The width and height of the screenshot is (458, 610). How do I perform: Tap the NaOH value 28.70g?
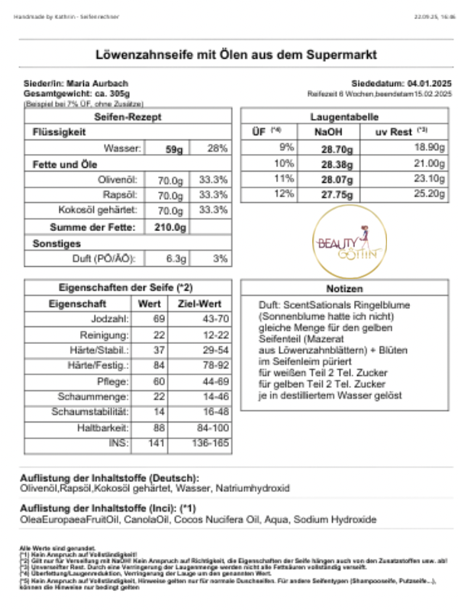tap(334, 146)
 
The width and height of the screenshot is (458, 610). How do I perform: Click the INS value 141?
tap(156, 442)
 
